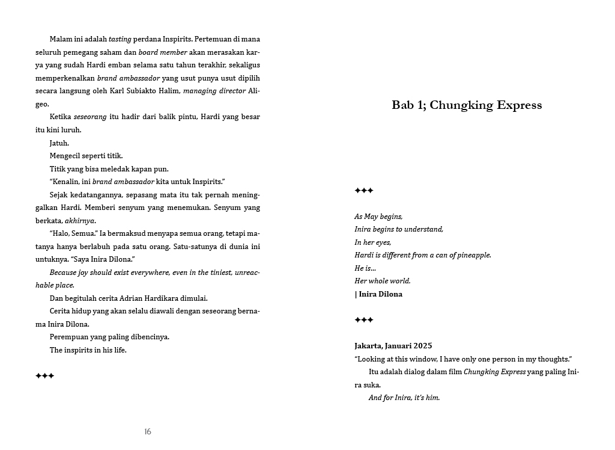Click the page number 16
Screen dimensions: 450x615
pyautogui.click(x=148, y=431)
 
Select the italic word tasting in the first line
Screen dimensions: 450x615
pyautogui.click(x=120, y=39)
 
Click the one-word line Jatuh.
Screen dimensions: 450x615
pyautogui.click(x=59, y=143)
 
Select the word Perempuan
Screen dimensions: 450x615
pyautogui.click(x=70, y=337)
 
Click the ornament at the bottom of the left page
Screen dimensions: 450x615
pyautogui.click(x=45, y=376)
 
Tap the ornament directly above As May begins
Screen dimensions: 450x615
pyautogui.click(x=364, y=191)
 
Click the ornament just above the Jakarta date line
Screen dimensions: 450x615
pyautogui.click(x=364, y=320)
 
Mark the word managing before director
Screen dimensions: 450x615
pyautogui.click(x=202, y=91)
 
